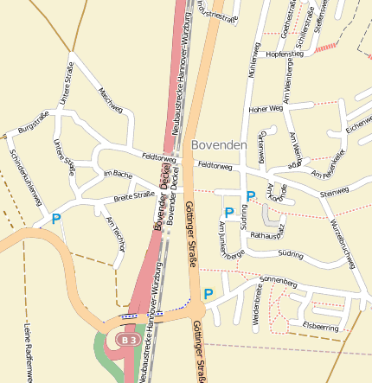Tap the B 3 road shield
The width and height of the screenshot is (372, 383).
coord(129,341)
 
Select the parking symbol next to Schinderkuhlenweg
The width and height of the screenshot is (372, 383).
coord(56,220)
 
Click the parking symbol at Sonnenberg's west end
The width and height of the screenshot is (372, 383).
coord(208,294)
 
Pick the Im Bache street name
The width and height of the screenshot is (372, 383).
coord(117,174)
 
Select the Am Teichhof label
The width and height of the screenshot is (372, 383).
coord(115,233)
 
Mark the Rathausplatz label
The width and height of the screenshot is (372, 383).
coord(266,235)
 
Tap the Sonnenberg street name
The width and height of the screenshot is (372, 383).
coord(278,282)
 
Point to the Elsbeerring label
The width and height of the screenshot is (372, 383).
coord(320,327)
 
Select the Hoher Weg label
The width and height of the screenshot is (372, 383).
coord(266,109)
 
